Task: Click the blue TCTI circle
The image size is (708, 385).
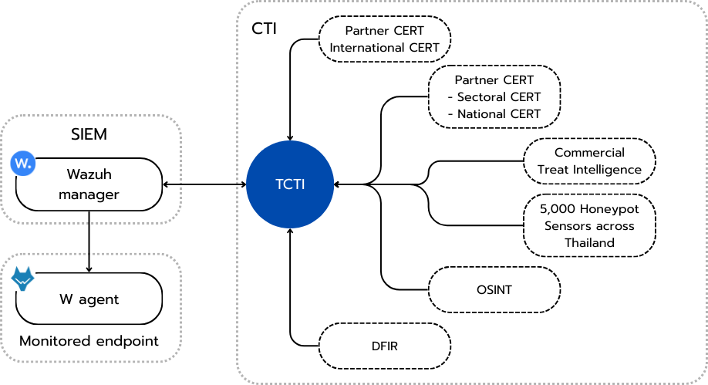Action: point(290,184)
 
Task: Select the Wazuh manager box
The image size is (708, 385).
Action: point(89,184)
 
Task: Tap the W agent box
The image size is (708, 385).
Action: point(89,299)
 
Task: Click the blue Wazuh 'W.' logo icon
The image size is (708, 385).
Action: point(23,164)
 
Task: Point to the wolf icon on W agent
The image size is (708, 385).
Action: point(23,279)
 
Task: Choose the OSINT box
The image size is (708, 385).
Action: point(494,290)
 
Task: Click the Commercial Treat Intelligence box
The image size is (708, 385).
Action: point(589,161)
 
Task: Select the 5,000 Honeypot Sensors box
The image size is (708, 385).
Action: point(589,225)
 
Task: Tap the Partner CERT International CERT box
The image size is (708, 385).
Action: point(385,39)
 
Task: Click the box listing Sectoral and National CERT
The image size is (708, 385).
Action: point(494,97)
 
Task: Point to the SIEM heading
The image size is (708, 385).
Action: point(88,134)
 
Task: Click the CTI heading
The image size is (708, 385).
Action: point(265,29)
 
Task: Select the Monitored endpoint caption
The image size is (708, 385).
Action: point(89,341)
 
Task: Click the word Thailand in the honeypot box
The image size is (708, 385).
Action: point(589,242)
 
